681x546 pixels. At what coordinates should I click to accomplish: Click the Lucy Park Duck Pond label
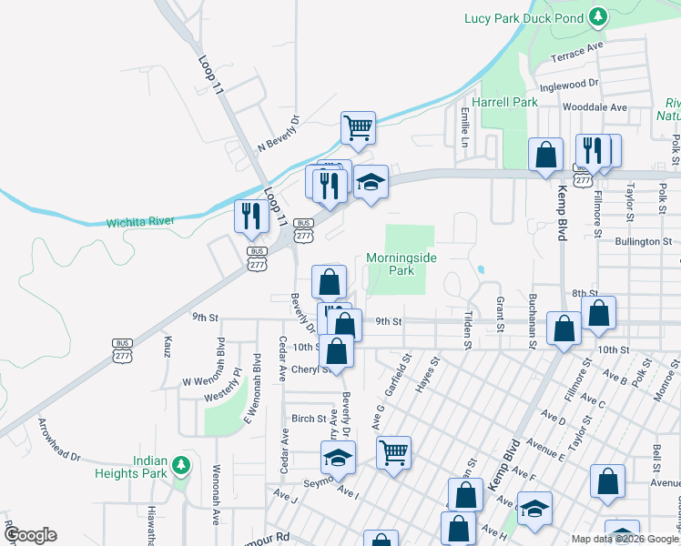(522, 17)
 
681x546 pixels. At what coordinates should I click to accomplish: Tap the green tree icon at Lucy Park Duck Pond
(597, 16)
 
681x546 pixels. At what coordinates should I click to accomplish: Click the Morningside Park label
(401, 264)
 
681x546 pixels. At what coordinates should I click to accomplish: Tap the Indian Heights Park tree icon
(181, 466)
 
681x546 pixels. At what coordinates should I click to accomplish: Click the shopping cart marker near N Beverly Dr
(359, 128)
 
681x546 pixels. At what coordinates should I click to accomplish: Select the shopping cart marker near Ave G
(393, 451)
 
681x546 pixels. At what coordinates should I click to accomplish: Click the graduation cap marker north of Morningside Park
(371, 182)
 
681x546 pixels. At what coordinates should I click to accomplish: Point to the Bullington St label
(643, 242)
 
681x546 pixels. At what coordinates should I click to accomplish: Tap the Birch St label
(308, 419)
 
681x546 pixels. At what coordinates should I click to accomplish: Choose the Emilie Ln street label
(464, 127)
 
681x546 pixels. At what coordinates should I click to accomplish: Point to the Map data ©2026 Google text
(625, 539)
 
